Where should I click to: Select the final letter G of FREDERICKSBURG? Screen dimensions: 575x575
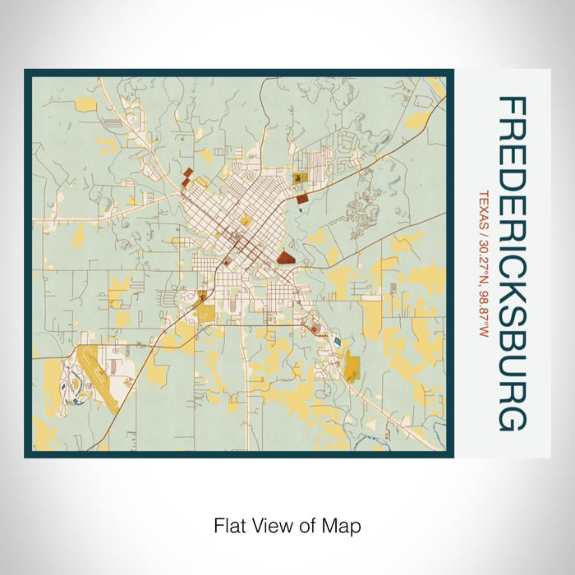512,418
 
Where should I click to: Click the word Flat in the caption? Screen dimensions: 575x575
229,525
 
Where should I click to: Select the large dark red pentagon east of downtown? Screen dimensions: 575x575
286,257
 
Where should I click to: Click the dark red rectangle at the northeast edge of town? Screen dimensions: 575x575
302,198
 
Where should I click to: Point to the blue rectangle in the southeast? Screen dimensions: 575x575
334,339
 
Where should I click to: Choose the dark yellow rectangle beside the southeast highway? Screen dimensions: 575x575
353,366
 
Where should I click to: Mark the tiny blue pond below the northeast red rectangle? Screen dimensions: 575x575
301,210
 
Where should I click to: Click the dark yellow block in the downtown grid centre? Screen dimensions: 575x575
245,220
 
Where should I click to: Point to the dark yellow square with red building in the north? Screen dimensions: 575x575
298,177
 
